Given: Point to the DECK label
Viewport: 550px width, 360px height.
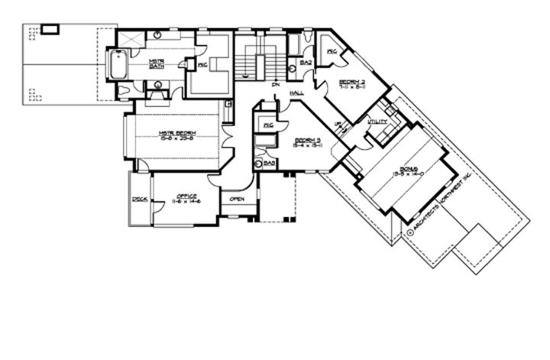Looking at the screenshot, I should [x=140, y=199].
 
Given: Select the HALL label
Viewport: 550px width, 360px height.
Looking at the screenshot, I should [x=296, y=92].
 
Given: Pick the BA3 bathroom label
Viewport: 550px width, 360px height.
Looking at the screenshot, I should [x=269, y=163].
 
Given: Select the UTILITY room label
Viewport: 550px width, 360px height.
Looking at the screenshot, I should [x=377, y=122].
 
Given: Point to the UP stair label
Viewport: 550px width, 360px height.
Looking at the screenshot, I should [x=339, y=123].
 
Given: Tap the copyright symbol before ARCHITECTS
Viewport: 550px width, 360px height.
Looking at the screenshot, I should [x=411, y=232].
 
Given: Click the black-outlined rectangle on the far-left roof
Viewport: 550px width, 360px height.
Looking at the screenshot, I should [x=50, y=29].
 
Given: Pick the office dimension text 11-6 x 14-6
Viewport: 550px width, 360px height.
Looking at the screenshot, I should [x=186, y=202].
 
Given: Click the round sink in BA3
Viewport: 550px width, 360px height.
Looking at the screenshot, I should [x=259, y=164].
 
